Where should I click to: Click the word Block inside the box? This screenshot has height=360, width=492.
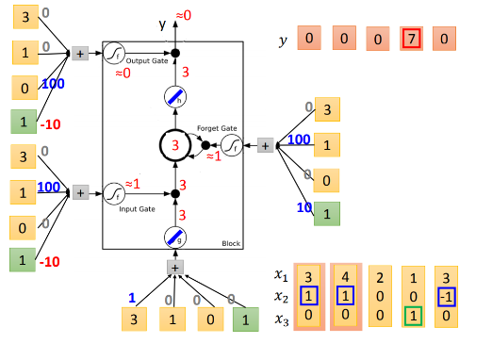[230, 241]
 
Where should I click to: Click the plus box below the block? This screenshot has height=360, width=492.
[174, 268]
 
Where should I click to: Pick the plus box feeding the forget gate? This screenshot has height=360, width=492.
[265, 145]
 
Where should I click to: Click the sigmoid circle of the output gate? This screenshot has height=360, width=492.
[114, 53]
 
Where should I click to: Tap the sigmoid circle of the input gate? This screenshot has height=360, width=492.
[114, 195]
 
